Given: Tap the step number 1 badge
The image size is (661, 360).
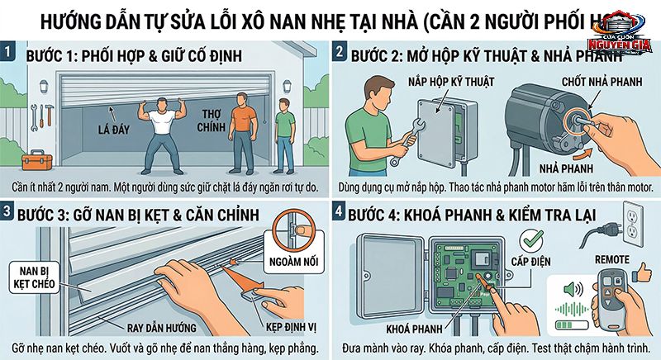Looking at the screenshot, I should click(x=10, y=54).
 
